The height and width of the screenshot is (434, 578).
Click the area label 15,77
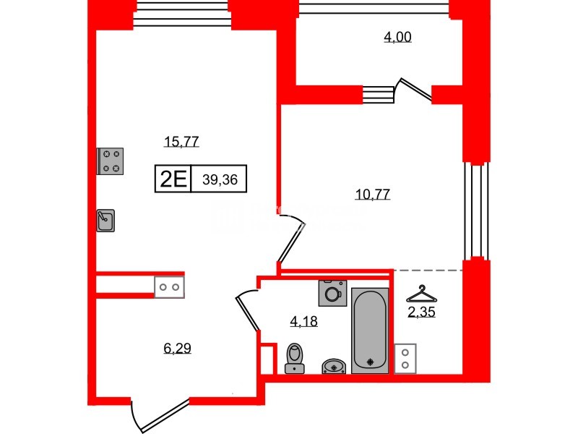tap(181, 142)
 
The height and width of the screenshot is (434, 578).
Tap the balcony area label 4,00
tap(397, 38)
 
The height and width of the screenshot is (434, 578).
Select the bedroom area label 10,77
tap(373, 194)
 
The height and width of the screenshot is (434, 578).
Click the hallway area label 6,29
tap(177, 349)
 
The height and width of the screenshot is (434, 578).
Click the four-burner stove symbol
tap(111, 161)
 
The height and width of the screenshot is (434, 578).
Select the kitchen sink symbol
tap(106, 220)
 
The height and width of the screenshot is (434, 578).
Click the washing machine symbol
tap(332, 294)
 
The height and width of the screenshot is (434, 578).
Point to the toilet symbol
tap(294, 359)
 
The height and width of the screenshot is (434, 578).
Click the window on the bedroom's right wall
tap(475, 210)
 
